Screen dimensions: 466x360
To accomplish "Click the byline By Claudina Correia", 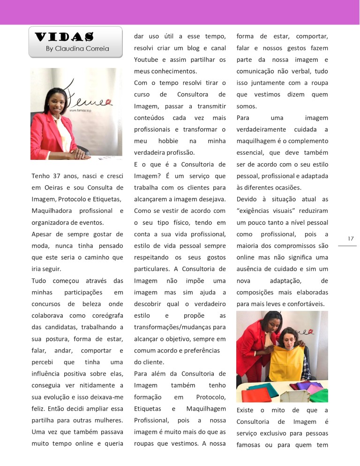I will click(77, 48).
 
